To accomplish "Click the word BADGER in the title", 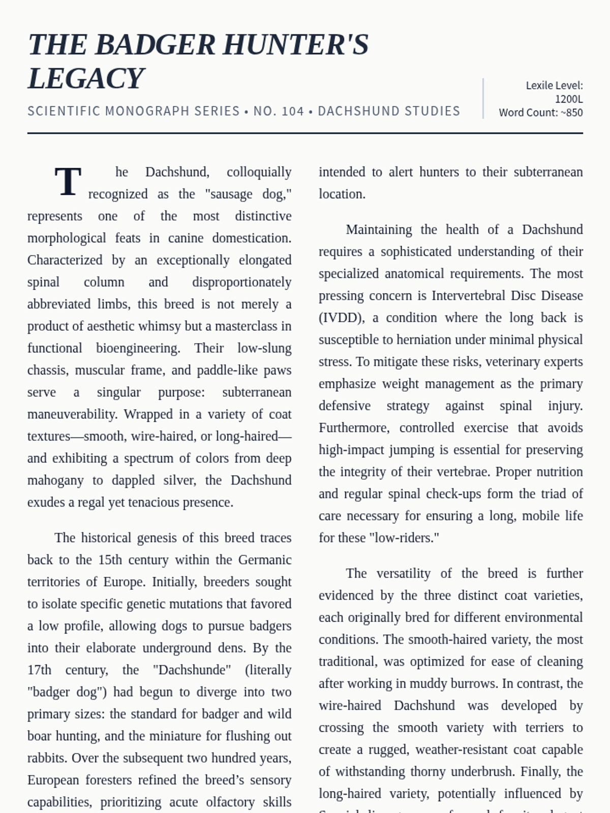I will tap(155, 45).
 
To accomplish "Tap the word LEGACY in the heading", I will tap(86, 79).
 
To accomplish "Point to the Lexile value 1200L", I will tap(568, 99).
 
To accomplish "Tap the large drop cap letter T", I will tap(68, 182).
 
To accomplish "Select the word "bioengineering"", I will tap(138, 348).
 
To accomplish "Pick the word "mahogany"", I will tap(55, 480).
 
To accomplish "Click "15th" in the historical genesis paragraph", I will tap(110, 560).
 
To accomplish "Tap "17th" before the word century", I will tap(39, 670).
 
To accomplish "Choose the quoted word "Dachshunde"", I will tap(192, 670).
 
